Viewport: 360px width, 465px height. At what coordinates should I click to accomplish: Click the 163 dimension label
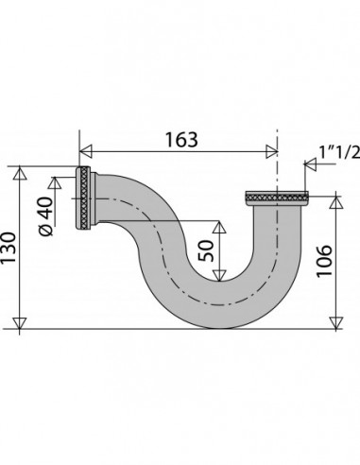point(181,140)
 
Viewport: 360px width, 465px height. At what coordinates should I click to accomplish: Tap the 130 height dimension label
point(8,248)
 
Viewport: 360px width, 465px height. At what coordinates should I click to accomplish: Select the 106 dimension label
point(324,261)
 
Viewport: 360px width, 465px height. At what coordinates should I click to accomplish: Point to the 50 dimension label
point(206,250)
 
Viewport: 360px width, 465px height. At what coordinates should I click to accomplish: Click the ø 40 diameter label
point(46,216)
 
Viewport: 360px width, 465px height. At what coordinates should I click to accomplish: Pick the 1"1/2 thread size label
point(339,152)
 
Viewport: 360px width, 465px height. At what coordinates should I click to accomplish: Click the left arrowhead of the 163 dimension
point(86,151)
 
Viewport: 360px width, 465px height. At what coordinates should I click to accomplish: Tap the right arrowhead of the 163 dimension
point(271,151)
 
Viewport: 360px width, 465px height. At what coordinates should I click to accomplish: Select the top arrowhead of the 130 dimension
point(20,173)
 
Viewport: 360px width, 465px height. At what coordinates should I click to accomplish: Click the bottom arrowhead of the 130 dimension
point(20,323)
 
